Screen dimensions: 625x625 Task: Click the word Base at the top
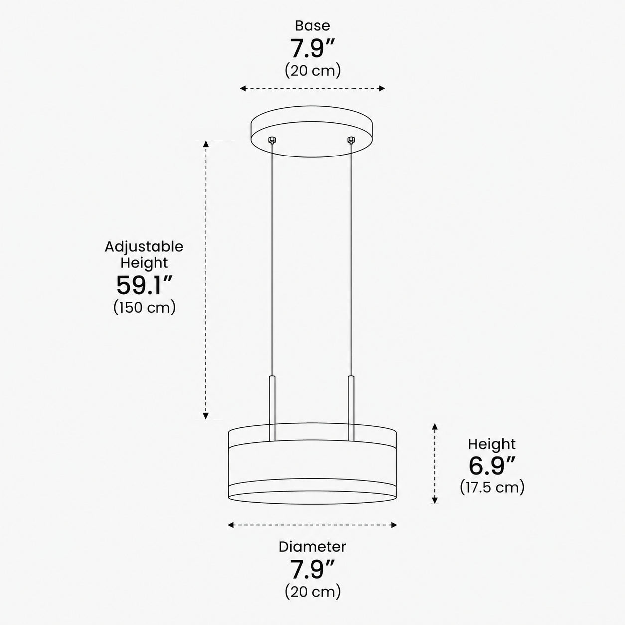click(312, 26)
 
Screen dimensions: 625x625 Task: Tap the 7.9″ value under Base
click(312, 48)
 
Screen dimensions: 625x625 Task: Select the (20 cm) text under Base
click(312, 70)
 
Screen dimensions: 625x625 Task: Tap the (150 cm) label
click(145, 307)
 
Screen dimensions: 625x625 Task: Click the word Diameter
click(312, 547)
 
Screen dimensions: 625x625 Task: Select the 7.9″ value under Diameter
click(312, 569)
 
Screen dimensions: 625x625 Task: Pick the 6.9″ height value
click(492, 466)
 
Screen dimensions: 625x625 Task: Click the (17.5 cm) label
click(492, 487)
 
